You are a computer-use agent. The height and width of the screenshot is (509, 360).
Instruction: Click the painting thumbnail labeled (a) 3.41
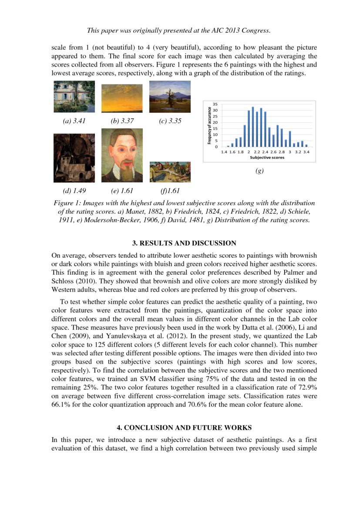click(74, 97)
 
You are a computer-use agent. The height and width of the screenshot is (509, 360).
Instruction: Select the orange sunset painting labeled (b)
click(122, 98)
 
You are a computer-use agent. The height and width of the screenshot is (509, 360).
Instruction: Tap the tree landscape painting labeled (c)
click(170, 97)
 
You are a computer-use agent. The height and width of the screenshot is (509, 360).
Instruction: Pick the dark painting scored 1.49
click(74, 158)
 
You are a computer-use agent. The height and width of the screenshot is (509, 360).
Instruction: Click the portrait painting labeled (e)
click(122, 155)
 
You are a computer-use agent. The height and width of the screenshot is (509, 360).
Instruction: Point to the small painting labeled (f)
click(170, 172)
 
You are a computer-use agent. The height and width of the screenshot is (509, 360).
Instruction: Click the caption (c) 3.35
click(170, 121)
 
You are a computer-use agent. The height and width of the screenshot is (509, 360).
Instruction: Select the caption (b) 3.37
click(122, 121)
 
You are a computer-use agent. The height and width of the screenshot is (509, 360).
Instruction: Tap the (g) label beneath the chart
click(259, 171)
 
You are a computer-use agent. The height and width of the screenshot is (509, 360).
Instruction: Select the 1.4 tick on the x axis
click(224, 152)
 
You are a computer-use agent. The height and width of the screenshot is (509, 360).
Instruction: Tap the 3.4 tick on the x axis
click(306, 152)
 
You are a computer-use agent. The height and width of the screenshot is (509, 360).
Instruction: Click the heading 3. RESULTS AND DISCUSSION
click(180, 243)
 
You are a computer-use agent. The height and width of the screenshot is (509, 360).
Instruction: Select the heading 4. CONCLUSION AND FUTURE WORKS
click(180, 428)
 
